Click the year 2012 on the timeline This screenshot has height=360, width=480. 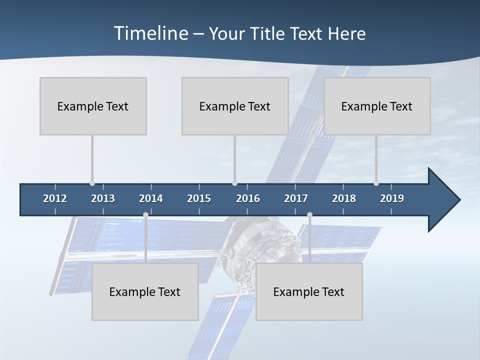(55, 198)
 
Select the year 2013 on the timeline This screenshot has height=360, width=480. (103, 198)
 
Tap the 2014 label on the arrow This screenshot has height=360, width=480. (151, 198)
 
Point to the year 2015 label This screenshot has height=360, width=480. (199, 198)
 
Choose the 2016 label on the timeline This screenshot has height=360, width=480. (248, 198)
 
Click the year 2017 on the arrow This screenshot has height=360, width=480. (296, 198)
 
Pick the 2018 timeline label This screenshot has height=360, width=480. (344, 198)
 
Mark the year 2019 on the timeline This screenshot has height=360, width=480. (392, 198)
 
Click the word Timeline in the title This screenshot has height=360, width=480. (150, 33)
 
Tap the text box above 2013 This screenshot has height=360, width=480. (93, 106)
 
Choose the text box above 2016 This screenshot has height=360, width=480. (235, 106)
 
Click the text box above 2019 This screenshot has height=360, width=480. (377, 106)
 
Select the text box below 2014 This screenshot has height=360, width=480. (145, 291)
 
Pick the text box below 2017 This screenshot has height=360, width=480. (309, 291)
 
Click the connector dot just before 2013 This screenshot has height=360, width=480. (92, 183)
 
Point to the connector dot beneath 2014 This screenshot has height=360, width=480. (145, 215)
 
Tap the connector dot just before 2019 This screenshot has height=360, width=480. (376, 183)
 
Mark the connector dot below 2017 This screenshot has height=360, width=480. (309, 215)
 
